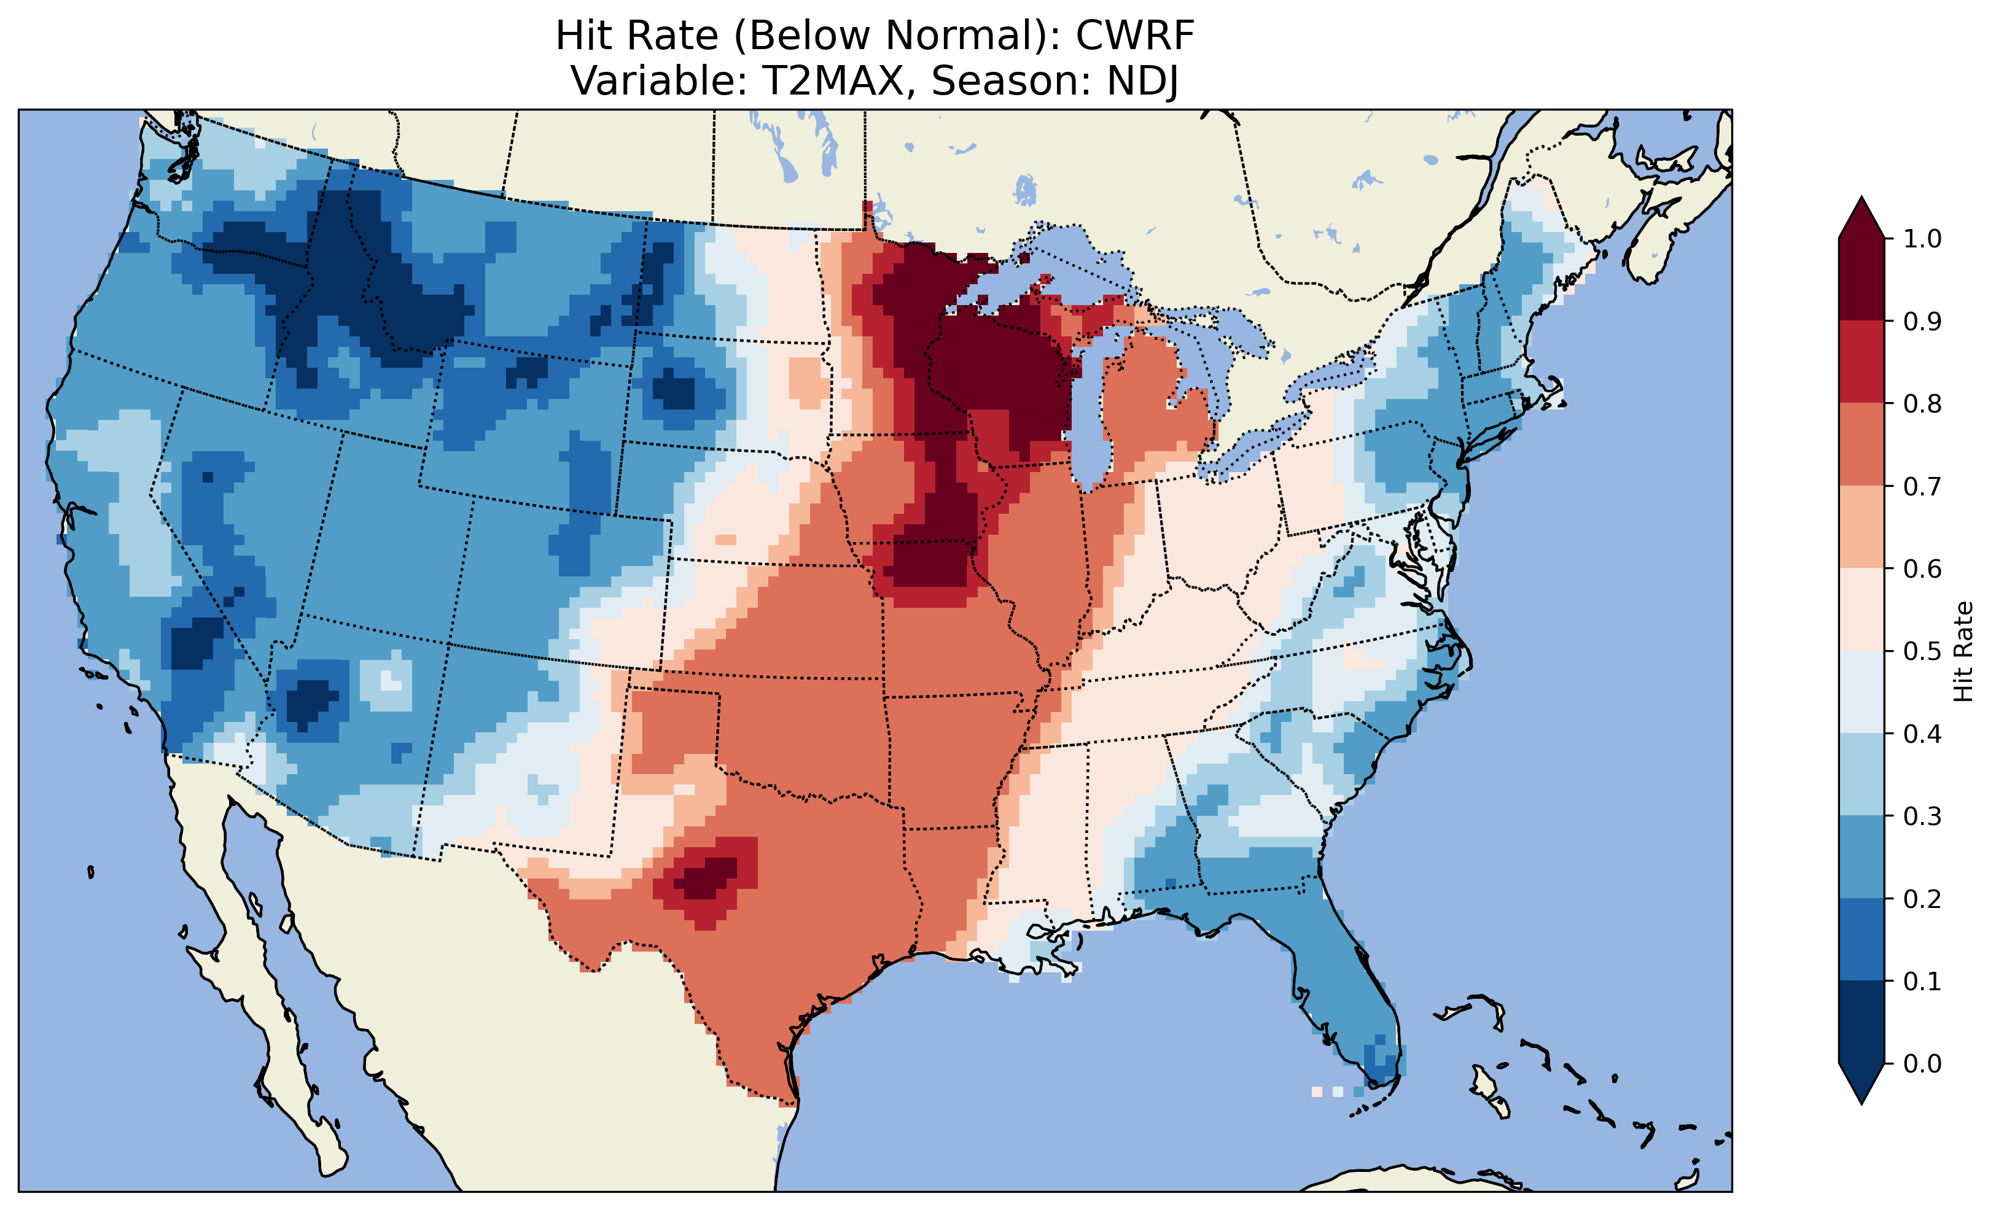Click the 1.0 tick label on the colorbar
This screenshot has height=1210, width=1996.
point(1922,239)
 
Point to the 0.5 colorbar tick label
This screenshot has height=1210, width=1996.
point(1922,651)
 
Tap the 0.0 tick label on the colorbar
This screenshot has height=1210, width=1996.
point(1922,1063)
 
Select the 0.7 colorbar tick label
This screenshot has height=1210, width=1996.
point(1922,486)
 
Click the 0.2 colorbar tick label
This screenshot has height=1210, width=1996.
point(1922,899)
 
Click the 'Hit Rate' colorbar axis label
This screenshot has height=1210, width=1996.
point(1963,651)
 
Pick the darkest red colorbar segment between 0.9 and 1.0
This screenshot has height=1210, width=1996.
point(1862,279)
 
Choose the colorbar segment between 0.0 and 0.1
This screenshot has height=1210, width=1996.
point(1862,1022)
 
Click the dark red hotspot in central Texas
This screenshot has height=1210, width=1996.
point(706,878)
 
